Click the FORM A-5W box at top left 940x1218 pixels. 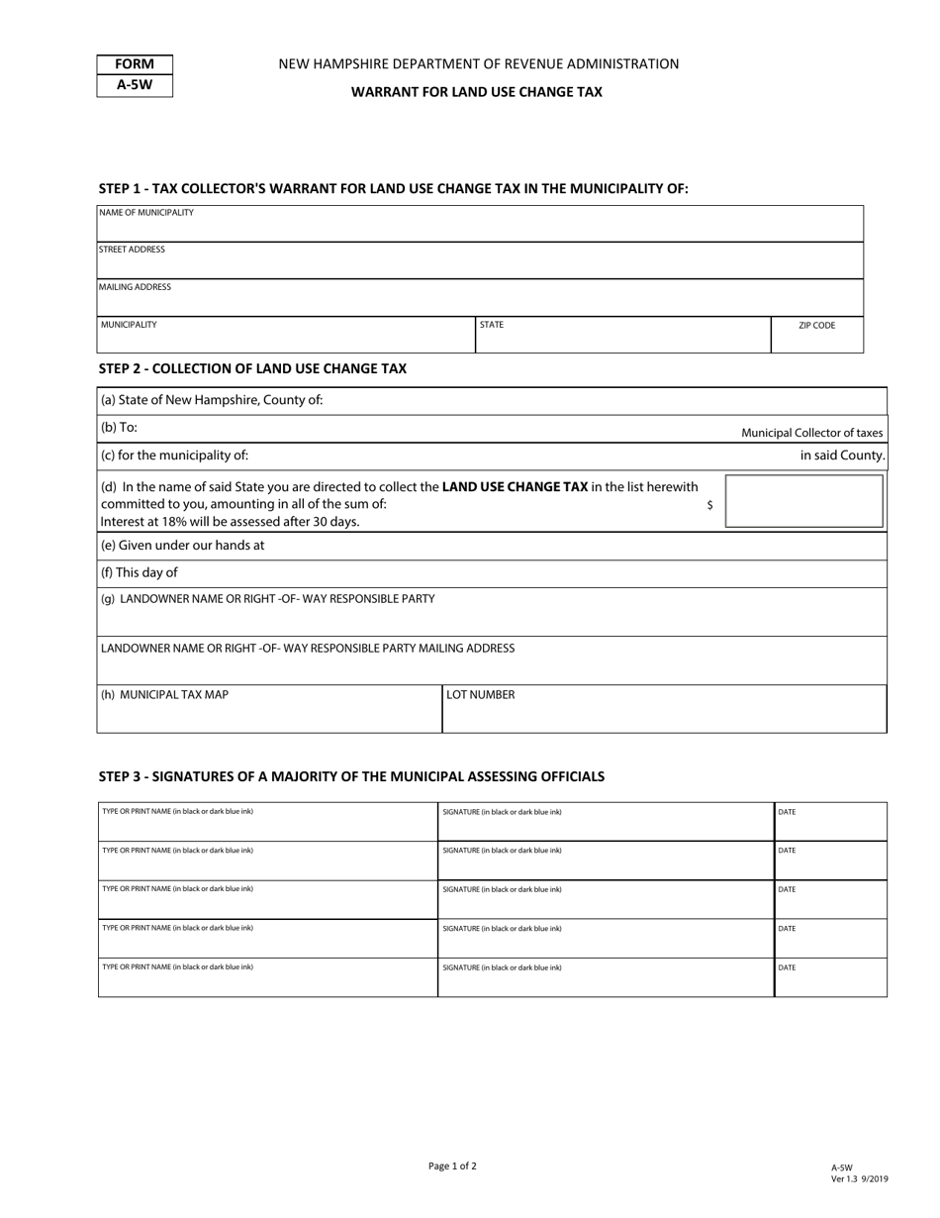coord(135,75)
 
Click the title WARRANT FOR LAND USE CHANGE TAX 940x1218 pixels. coord(477,92)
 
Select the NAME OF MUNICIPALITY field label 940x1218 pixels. coord(146,213)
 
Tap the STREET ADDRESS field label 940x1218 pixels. coord(133,250)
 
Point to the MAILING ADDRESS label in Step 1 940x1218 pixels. coord(136,287)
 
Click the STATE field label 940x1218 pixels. coord(492,325)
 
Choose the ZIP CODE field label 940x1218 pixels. coord(816,325)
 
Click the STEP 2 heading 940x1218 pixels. coord(252,368)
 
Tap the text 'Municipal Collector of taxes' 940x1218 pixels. coord(811,433)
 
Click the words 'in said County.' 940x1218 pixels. coord(842,456)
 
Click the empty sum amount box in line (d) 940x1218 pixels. coord(803,500)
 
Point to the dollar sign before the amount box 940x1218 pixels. coord(709,505)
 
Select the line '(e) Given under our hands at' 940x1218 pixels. coord(183,546)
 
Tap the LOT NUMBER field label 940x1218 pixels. coord(481,695)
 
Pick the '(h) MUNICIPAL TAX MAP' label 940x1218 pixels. coord(164,695)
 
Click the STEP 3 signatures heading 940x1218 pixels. coord(351,776)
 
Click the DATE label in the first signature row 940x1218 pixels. coord(787,812)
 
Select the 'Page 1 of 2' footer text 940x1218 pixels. coord(452,1167)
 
